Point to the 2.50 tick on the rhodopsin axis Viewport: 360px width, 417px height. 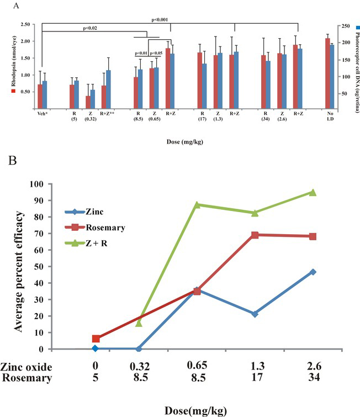point(25,25)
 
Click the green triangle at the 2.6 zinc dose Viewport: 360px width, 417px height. point(313,192)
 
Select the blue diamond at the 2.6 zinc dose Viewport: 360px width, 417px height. point(313,272)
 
